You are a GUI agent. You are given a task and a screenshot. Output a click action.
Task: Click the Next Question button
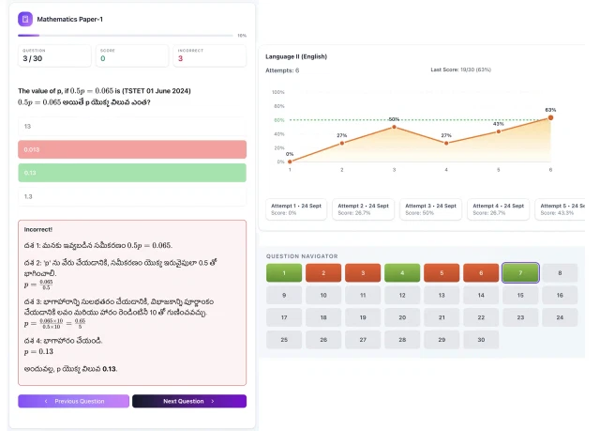click(188, 401)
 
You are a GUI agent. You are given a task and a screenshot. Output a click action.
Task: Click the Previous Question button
click(73, 401)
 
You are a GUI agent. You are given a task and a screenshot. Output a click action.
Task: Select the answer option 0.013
click(131, 149)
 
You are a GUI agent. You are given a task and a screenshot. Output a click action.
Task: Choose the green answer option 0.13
click(131, 173)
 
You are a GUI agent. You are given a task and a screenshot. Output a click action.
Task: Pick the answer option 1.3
click(131, 196)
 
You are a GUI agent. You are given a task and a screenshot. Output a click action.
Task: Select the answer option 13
click(131, 126)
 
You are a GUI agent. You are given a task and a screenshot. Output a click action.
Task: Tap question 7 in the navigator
click(520, 273)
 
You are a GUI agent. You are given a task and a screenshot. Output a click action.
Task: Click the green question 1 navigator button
click(284, 273)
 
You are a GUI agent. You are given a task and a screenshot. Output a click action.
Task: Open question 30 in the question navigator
click(481, 339)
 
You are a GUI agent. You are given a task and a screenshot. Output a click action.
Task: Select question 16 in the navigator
click(560, 295)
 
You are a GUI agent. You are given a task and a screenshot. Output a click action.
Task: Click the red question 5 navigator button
click(442, 273)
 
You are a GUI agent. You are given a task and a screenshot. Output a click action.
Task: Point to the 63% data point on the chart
click(550, 117)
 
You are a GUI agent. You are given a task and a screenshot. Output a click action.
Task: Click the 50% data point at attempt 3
click(394, 127)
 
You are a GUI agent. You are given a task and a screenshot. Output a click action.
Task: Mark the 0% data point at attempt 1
click(290, 162)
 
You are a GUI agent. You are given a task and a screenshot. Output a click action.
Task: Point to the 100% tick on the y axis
click(277, 92)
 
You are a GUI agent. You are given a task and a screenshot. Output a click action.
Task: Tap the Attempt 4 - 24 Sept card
click(498, 208)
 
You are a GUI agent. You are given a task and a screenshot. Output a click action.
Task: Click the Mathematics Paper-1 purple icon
click(25, 18)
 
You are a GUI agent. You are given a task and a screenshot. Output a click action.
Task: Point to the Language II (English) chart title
click(295, 56)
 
